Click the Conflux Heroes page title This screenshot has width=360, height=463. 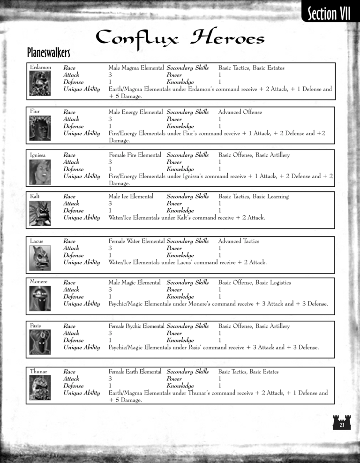coord(180,38)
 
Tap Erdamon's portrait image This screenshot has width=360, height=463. coord(40,84)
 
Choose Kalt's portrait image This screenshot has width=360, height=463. coord(40,213)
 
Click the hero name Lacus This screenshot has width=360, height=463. coord(37,241)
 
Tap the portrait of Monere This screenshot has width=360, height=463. coord(40,299)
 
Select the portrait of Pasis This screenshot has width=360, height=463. coord(40,342)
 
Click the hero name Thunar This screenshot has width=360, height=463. coord(38,372)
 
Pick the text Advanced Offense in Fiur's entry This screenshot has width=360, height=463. coord(240,112)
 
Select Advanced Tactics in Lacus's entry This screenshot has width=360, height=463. coord(239,241)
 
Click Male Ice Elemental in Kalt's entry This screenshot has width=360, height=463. coord(131,197)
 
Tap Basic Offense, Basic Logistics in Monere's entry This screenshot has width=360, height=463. coord(255,282)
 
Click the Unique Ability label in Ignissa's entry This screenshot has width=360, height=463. coord(82,176)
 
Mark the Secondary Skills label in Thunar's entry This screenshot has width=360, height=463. coord(187,372)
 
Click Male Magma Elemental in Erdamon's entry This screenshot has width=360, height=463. coord(136,68)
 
